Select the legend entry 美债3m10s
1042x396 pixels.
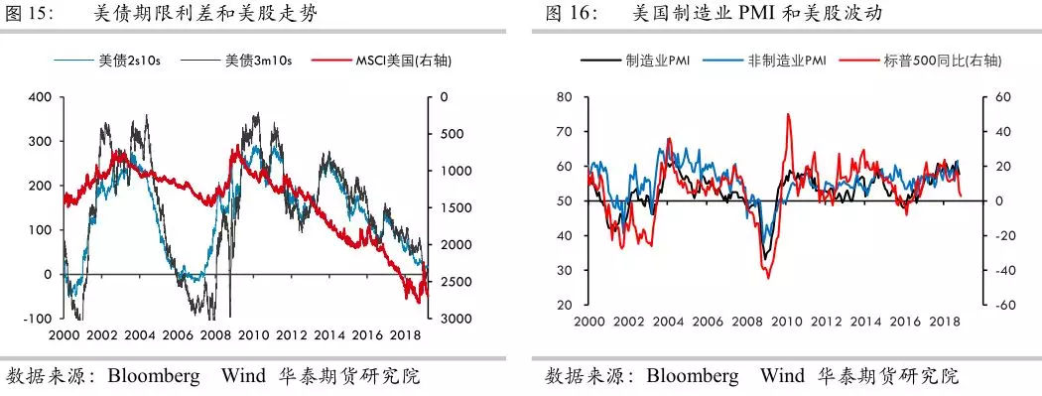[260, 61]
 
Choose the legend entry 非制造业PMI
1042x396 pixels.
[787, 61]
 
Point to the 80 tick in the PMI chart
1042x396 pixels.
[566, 97]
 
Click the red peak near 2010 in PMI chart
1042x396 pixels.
[788, 114]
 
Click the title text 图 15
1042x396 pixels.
[28, 14]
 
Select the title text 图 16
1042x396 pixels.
[572, 14]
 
